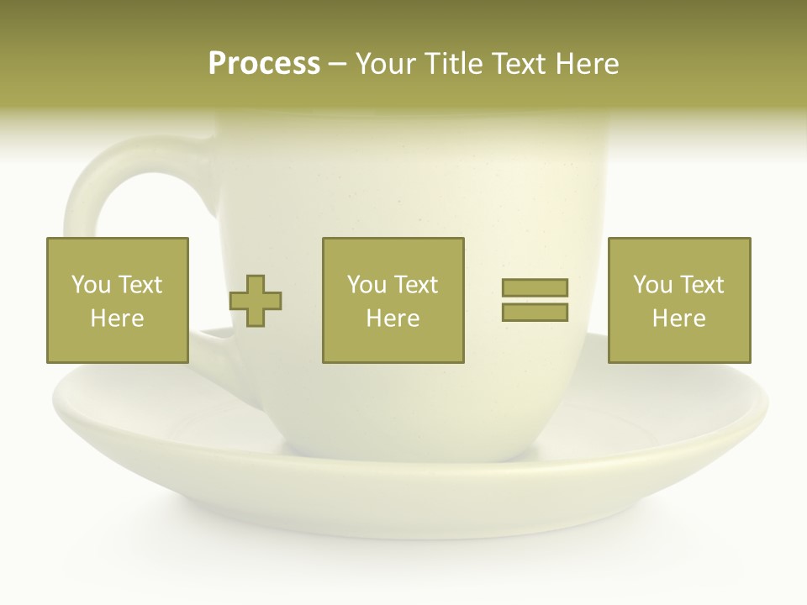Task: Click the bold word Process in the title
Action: [x=264, y=64]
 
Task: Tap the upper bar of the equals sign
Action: [x=535, y=287]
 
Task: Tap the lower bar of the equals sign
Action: [x=535, y=313]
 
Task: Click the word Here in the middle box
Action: [x=393, y=318]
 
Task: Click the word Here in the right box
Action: [x=678, y=318]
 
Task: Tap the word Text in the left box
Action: [x=140, y=285]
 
